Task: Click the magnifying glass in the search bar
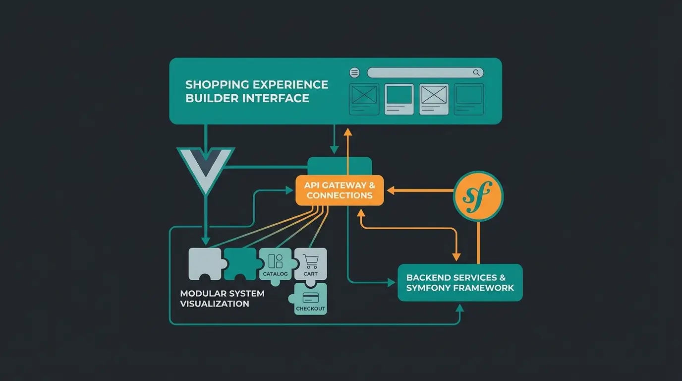[x=476, y=73]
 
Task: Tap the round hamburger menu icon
[x=354, y=73]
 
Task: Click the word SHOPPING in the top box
[x=217, y=85]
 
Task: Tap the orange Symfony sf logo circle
[x=478, y=196]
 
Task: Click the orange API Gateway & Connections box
[x=340, y=190]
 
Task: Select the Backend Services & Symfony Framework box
[x=460, y=283]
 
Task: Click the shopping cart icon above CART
[x=310, y=261]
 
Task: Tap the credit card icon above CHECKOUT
[x=310, y=297]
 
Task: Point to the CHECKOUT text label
[x=310, y=309]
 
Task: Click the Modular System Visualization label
[x=222, y=299]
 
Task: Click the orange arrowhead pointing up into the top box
[x=347, y=132]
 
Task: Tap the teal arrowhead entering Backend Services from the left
[x=391, y=283]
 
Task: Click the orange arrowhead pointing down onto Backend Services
[x=456, y=256]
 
